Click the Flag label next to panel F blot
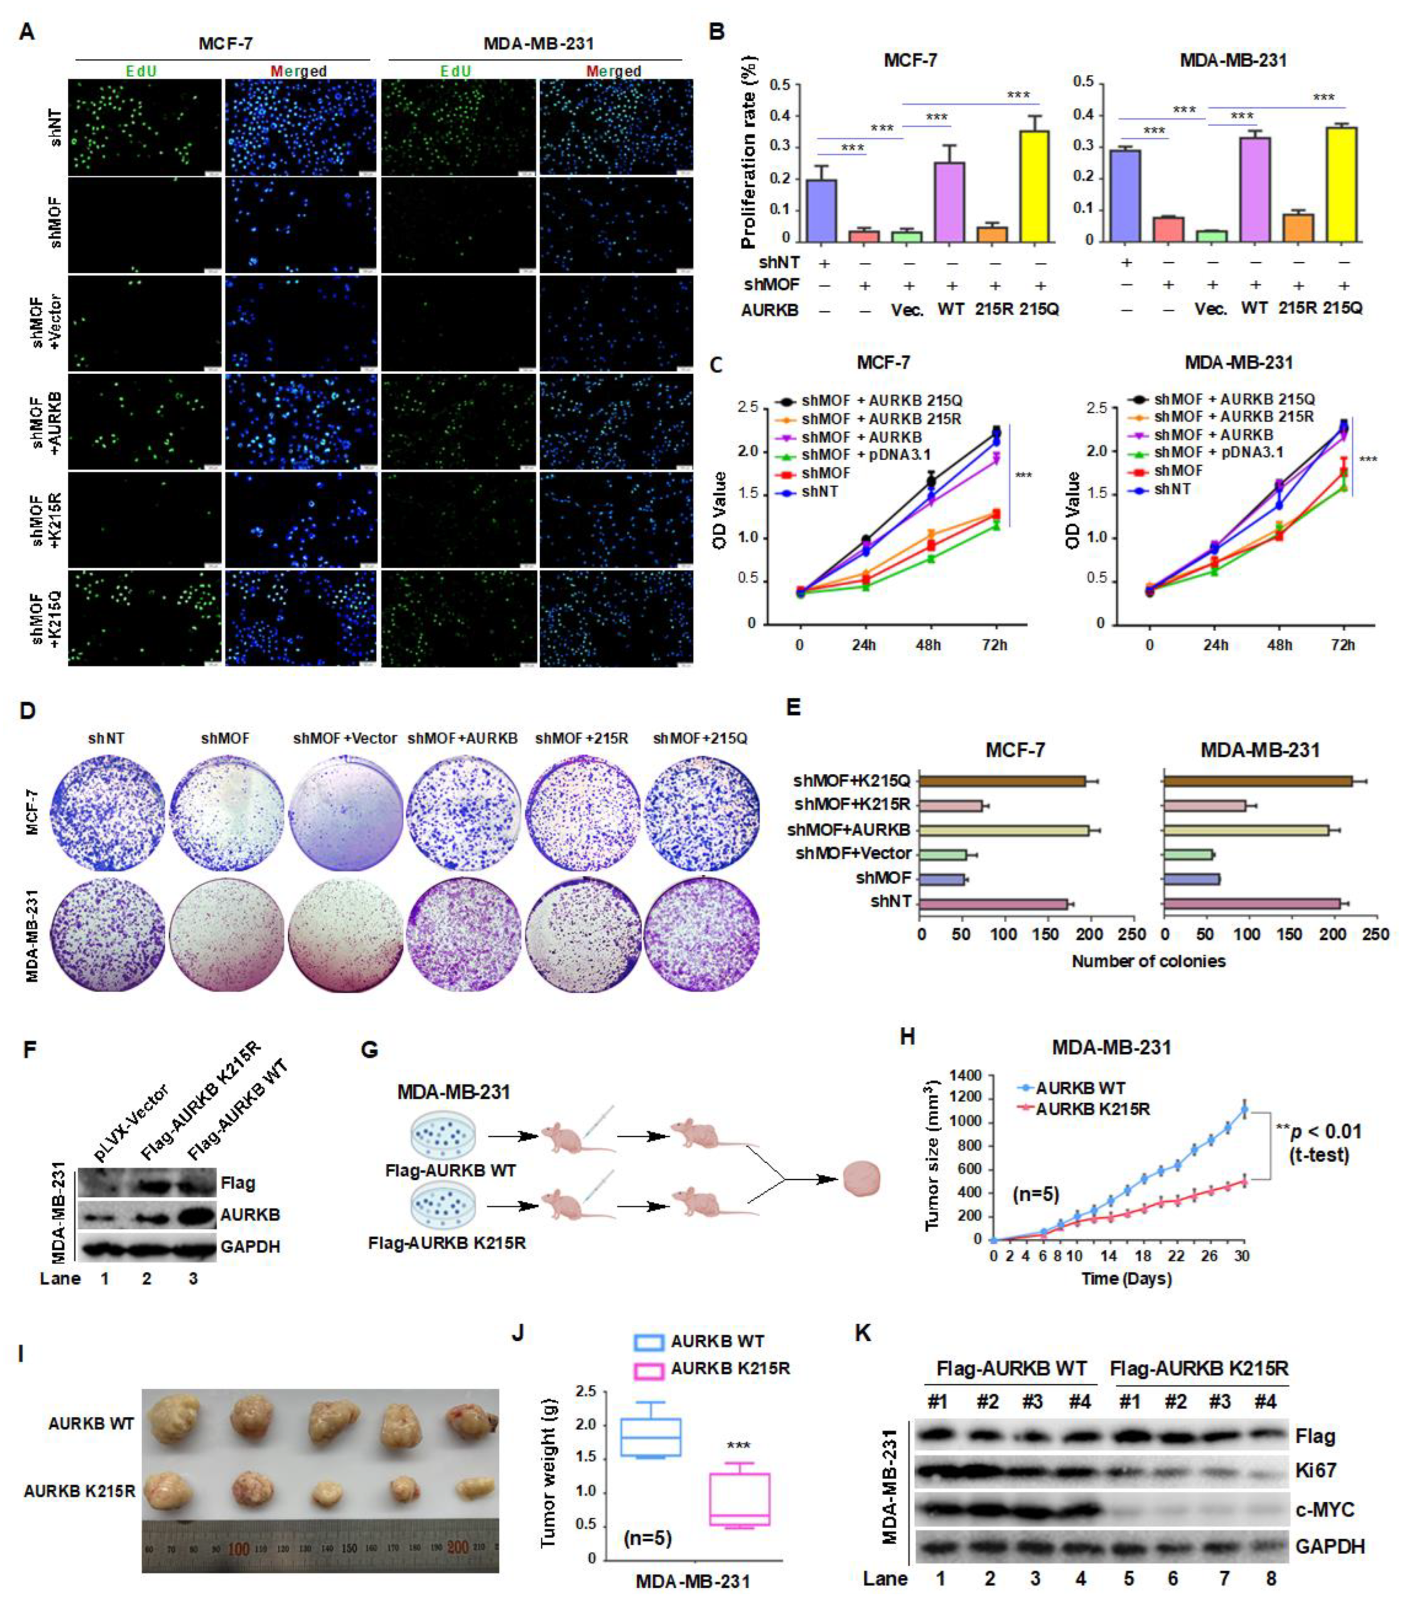[x=238, y=1183]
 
